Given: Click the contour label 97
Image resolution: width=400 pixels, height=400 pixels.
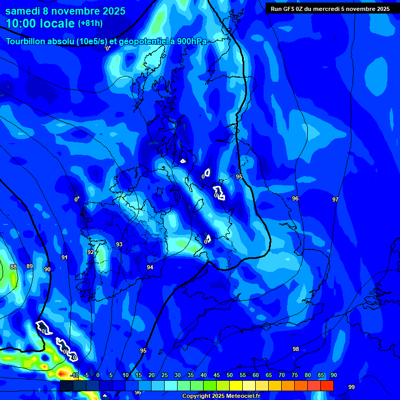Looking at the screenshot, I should (x=335, y=199).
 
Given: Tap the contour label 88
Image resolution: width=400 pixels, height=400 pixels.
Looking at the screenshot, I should (x=14, y=267).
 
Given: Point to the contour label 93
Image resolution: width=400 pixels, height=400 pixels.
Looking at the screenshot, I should (x=119, y=244).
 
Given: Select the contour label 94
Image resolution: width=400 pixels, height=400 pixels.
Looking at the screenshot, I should (x=150, y=267).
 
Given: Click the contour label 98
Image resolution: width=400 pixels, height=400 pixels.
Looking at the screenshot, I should (x=296, y=349).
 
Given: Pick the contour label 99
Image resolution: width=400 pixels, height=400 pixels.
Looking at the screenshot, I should (x=352, y=387).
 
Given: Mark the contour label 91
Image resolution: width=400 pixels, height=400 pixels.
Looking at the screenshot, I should (x=65, y=257).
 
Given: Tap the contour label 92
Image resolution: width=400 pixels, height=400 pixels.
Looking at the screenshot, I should (x=91, y=252).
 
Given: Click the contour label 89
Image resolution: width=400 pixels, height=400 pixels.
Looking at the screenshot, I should (x=30, y=266).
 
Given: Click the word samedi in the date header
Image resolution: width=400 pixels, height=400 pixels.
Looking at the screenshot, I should (x=25, y=11).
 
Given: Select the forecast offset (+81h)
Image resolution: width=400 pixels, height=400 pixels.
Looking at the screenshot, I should (x=90, y=23).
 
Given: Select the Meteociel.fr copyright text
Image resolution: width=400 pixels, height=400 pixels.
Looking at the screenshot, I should (x=221, y=396).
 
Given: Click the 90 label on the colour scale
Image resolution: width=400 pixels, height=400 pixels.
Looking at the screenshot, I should (x=333, y=375).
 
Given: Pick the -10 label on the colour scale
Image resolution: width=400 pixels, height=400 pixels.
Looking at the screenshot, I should (x=74, y=375).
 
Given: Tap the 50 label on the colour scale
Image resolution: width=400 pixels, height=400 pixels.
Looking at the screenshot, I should (x=230, y=375).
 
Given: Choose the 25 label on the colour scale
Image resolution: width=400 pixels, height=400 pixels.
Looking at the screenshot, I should (x=165, y=375).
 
